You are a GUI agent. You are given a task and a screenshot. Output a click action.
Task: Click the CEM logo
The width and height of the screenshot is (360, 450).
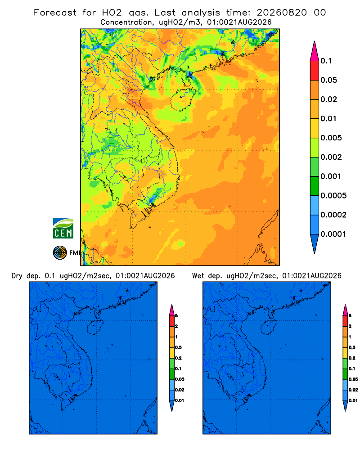[x=63, y=229]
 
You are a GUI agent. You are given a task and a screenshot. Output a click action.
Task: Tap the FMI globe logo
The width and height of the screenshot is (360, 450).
[x=60, y=253]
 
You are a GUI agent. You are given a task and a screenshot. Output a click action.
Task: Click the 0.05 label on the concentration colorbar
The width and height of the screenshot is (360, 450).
[x=328, y=80]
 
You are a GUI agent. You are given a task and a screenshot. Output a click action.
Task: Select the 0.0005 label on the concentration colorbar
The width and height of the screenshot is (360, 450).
[x=333, y=196]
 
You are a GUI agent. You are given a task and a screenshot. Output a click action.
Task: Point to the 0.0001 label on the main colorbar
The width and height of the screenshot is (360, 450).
[x=333, y=234]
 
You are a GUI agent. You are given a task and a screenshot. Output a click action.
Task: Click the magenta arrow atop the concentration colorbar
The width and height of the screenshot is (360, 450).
[x=315, y=51]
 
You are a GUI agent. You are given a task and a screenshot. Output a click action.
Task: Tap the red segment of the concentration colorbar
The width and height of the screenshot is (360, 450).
[x=315, y=71]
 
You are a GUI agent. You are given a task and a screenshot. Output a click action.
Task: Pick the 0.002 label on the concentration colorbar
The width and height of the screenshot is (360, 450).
[x=331, y=157]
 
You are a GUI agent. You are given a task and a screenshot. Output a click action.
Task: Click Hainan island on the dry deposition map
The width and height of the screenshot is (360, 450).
[x=95, y=328]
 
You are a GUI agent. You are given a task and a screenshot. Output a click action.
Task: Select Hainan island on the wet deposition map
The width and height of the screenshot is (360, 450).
[x=269, y=328]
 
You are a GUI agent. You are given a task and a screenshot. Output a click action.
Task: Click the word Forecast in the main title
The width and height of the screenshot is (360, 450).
[x=55, y=13]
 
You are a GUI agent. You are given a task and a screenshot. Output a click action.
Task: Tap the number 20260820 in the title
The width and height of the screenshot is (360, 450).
[x=282, y=13]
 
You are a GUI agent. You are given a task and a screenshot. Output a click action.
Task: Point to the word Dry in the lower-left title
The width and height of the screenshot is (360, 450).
[x=17, y=276]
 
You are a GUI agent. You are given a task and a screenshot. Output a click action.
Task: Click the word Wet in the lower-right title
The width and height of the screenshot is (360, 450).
[x=198, y=276]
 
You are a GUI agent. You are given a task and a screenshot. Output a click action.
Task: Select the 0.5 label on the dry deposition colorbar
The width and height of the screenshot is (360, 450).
[x=178, y=347]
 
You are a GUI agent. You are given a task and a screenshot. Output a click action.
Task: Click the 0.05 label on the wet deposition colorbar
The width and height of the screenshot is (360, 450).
[x=353, y=379]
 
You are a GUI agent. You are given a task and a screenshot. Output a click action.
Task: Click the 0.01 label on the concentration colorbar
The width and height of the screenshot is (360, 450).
[x=328, y=119]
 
